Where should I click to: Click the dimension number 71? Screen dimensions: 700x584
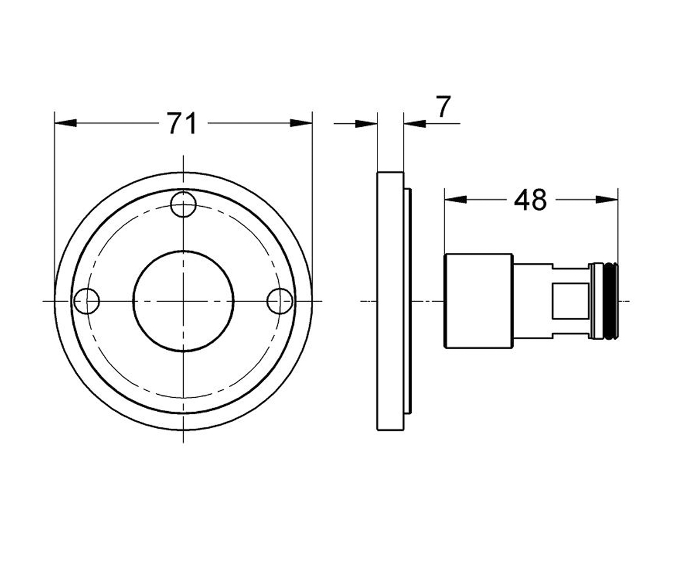pos(183,123)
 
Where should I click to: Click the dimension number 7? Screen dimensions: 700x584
pos(443,107)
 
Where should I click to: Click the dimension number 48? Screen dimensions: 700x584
pos(530,200)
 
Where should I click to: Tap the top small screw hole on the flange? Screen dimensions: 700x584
pos(183,204)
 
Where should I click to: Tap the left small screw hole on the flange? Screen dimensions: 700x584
pos(86,301)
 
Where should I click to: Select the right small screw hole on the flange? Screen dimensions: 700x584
pos(279,301)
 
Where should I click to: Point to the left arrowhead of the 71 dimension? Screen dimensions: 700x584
pos(65,123)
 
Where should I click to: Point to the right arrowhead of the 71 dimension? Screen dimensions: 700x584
pos(301,123)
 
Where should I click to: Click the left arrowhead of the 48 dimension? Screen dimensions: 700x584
pos(455,200)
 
